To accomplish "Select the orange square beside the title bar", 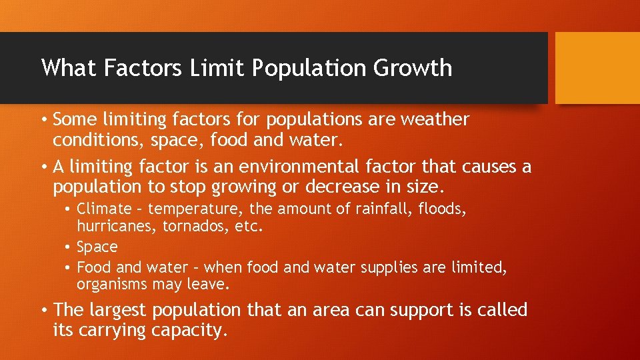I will coord(597,68).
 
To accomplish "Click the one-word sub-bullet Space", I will coord(97,247).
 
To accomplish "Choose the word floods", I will coord(442,209).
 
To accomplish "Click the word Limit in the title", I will coord(205,68).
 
